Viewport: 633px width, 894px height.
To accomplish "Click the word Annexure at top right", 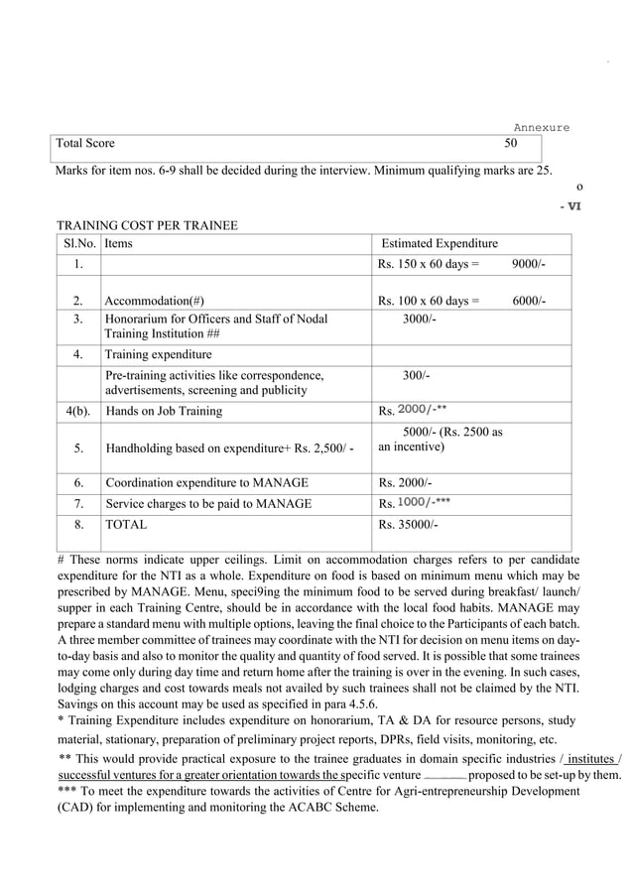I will tap(541, 127).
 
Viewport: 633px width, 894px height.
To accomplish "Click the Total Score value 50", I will tap(511, 144).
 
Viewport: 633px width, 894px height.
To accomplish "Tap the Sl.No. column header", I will tap(78, 243).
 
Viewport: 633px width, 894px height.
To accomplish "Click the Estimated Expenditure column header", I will tap(440, 243).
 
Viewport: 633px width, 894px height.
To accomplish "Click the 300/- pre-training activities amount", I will tap(416, 376).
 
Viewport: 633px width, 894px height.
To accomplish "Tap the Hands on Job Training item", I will tap(164, 411).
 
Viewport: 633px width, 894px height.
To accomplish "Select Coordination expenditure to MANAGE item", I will tap(206, 482).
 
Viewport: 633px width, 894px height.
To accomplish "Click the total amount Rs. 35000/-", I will tap(407, 523).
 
